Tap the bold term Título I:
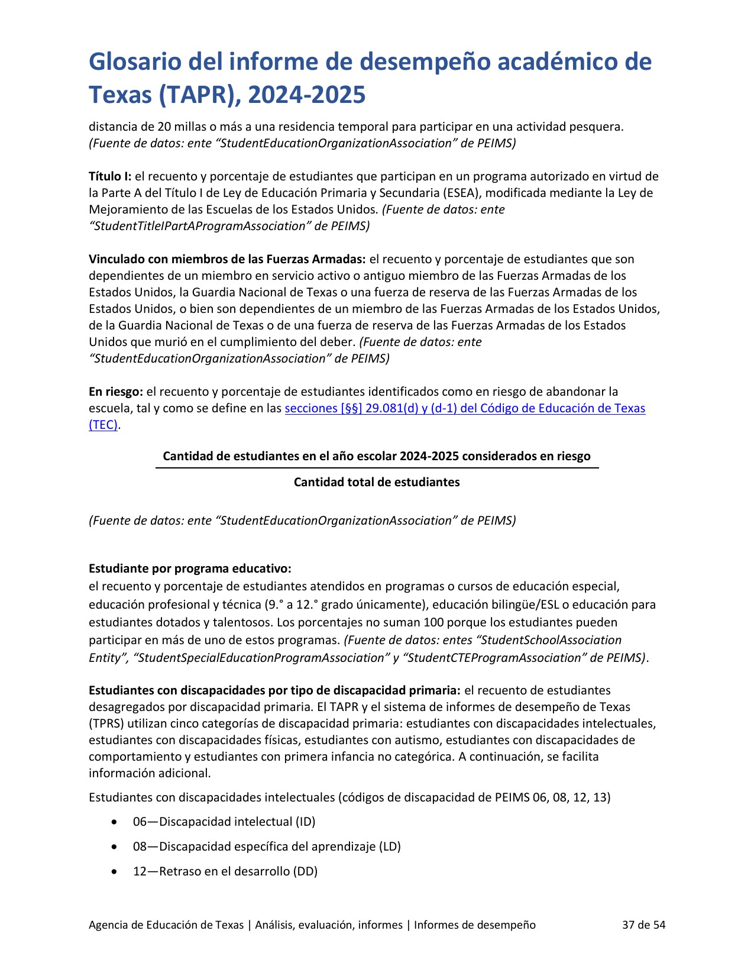(x=110, y=176)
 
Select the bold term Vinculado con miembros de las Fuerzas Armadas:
(x=227, y=259)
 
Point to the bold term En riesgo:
(x=116, y=392)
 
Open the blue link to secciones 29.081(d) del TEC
(x=465, y=408)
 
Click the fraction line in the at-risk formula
(x=377, y=468)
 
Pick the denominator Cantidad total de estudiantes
(x=377, y=482)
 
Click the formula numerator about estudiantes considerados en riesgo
(x=377, y=456)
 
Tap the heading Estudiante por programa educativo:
(x=190, y=568)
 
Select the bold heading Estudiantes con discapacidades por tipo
(x=274, y=690)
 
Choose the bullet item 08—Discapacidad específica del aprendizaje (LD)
(x=267, y=846)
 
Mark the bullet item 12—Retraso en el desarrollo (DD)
(x=225, y=871)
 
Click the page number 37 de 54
(x=643, y=925)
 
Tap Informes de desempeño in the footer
(x=475, y=925)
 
